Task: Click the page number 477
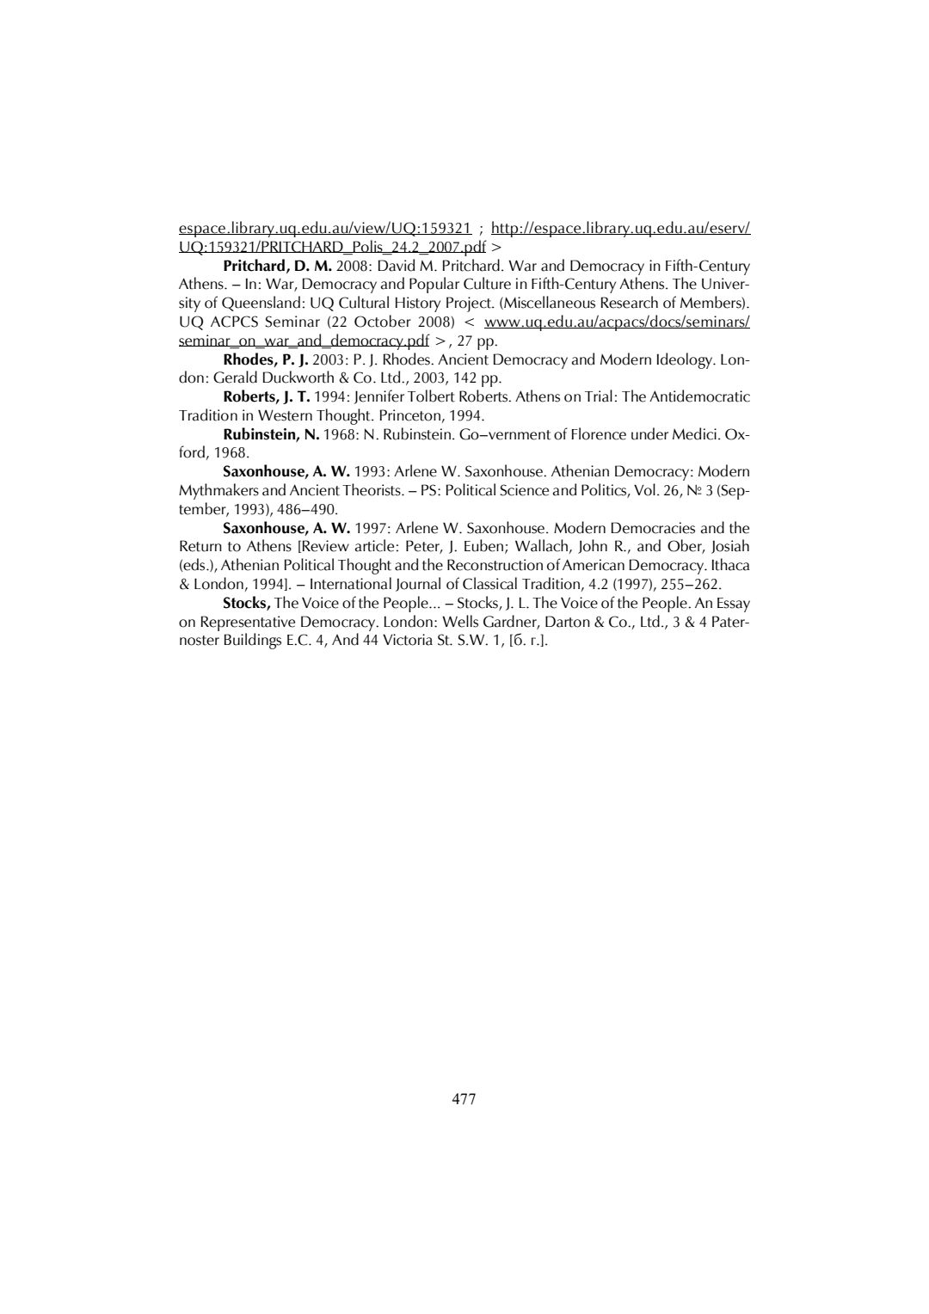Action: click(464, 1099)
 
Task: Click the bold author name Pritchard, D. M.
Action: click(277, 266)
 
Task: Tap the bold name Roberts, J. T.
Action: click(266, 396)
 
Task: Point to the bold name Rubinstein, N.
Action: click(271, 434)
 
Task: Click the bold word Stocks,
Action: click(247, 603)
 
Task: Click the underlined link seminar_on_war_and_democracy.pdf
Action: click(304, 341)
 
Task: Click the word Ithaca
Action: click(729, 565)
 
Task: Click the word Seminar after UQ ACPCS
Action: click(292, 322)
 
